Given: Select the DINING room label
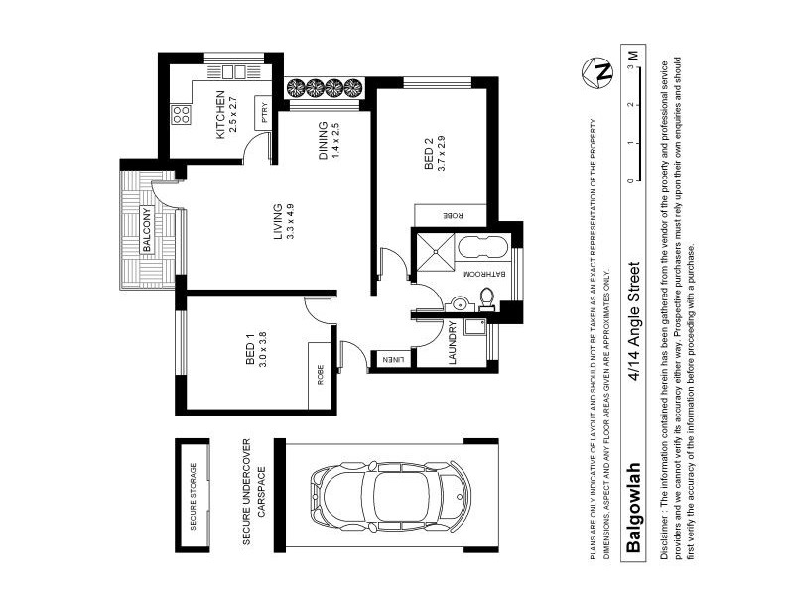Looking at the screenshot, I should (323, 142).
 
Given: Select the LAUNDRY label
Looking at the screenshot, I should (452, 343).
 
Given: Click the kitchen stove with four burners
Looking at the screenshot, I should (183, 114).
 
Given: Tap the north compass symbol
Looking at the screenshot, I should (601, 72).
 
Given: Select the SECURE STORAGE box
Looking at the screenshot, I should (193, 496).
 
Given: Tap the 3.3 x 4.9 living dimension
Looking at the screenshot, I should (292, 223).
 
